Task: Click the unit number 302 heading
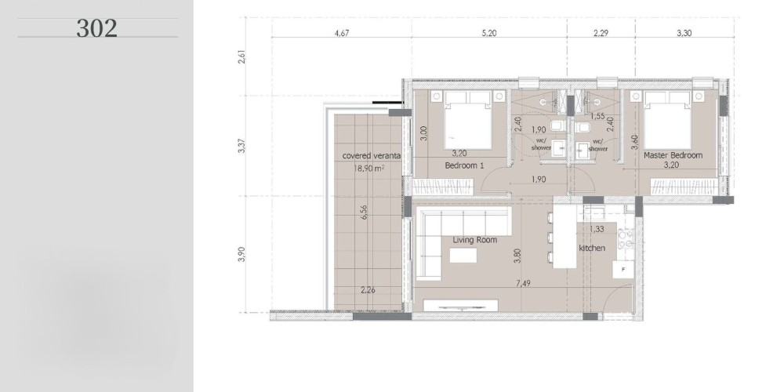click(x=97, y=28)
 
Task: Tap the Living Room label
click(x=474, y=240)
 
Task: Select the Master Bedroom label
click(x=673, y=155)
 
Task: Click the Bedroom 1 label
click(x=464, y=165)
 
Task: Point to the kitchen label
click(x=592, y=248)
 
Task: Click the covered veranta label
click(x=372, y=155)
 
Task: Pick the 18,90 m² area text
click(x=369, y=168)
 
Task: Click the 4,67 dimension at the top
click(x=342, y=33)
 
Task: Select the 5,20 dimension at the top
click(x=489, y=33)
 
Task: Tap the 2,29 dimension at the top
click(x=601, y=33)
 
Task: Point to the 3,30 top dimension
click(x=684, y=33)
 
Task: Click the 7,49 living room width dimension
click(x=523, y=283)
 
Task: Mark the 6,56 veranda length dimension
click(x=364, y=212)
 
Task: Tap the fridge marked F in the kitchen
click(x=623, y=269)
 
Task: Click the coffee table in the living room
click(x=463, y=255)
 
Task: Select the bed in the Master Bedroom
click(x=667, y=120)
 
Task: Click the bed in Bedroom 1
click(x=467, y=120)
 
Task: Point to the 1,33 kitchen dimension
click(x=596, y=229)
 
